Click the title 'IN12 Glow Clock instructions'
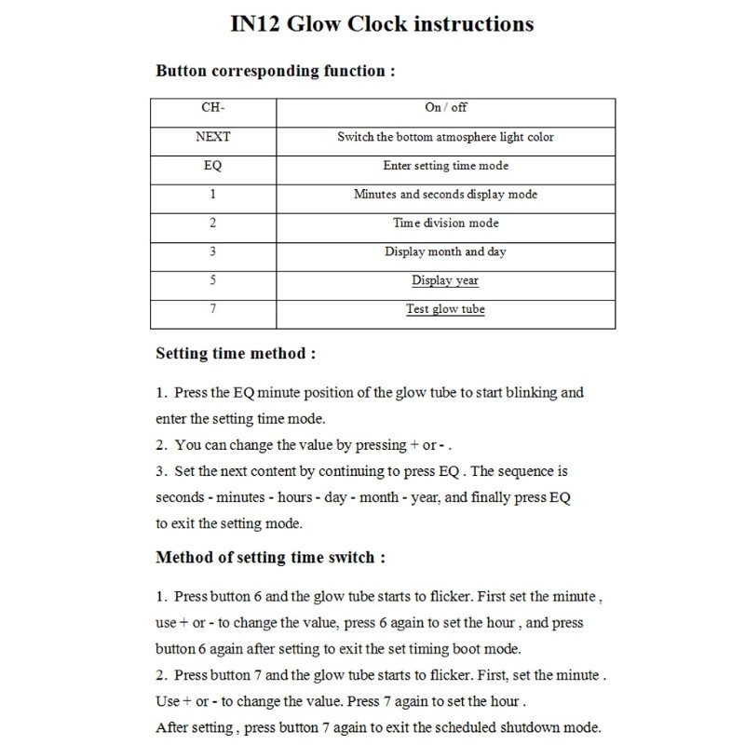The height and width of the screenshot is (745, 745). [x=382, y=23]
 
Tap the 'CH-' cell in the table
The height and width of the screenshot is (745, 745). [x=213, y=108]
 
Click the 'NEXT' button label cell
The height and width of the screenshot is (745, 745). [x=213, y=137]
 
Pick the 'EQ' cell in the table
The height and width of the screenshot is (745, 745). [x=213, y=166]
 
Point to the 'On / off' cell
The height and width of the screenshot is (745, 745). [x=445, y=108]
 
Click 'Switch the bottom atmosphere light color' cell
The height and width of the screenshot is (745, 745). [x=445, y=137]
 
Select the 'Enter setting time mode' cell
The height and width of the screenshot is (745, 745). [x=445, y=166]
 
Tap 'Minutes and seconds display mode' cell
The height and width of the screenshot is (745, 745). [x=445, y=195]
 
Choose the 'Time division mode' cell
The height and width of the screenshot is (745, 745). [x=445, y=223]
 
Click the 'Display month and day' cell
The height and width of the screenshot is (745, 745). [x=445, y=251]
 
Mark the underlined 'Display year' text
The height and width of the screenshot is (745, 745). [x=445, y=280]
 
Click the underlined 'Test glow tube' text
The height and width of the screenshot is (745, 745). [x=445, y=309]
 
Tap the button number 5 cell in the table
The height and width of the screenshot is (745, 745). [x=213, y=280]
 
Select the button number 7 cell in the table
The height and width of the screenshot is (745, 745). [x=213, y=309]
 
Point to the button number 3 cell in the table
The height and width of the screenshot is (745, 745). [x=213, y=251]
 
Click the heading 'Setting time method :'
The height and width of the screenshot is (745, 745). [x=236, y=354]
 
